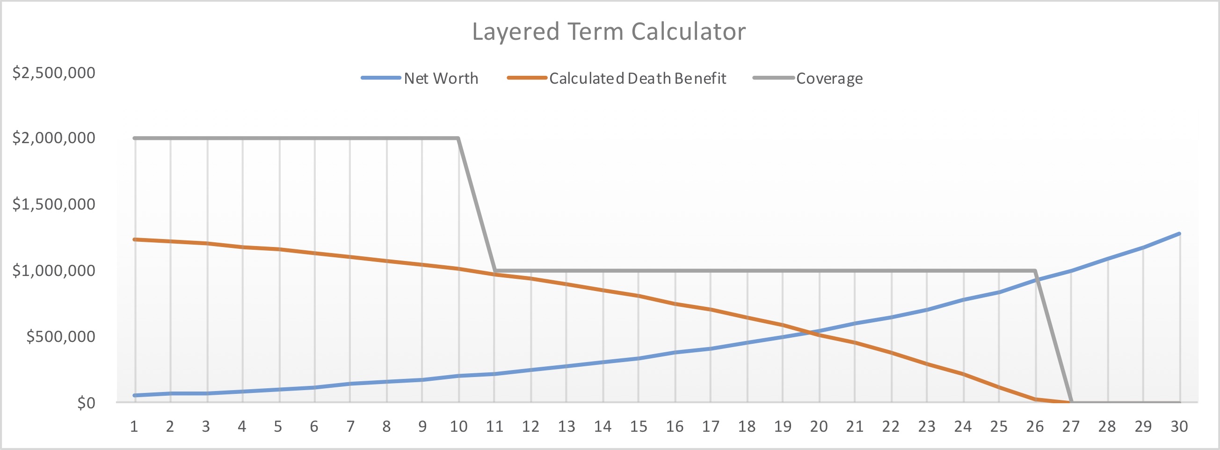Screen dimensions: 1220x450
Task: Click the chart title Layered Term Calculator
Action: [609, 32]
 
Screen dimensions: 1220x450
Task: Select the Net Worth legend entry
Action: [420, 78]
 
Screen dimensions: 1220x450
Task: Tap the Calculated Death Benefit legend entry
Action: [617, 78]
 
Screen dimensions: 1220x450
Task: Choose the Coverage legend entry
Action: [808, 78]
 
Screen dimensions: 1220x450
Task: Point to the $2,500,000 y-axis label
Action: [53, 73]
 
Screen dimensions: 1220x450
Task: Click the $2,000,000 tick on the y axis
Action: [53, 138]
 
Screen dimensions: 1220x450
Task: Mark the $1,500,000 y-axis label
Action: [53, 204]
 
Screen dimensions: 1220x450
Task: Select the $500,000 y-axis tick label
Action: [61, 337]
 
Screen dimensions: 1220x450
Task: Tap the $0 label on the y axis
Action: [86, 403]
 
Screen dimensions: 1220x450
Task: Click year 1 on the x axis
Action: [134, 427]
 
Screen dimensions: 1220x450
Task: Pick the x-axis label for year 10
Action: [458, 427]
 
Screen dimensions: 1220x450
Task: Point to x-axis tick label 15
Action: [639, 427]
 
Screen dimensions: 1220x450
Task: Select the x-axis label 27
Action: [1071, 427]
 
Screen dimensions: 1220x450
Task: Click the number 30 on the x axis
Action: [1179, 427]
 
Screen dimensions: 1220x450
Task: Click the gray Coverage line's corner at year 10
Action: [458, 138]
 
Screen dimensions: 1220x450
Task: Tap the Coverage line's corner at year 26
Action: [1035, 271]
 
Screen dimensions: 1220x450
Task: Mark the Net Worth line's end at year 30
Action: [1179, 233]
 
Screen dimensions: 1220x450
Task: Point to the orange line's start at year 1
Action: [135, 240]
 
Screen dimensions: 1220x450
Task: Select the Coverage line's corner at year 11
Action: [494, 271]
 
